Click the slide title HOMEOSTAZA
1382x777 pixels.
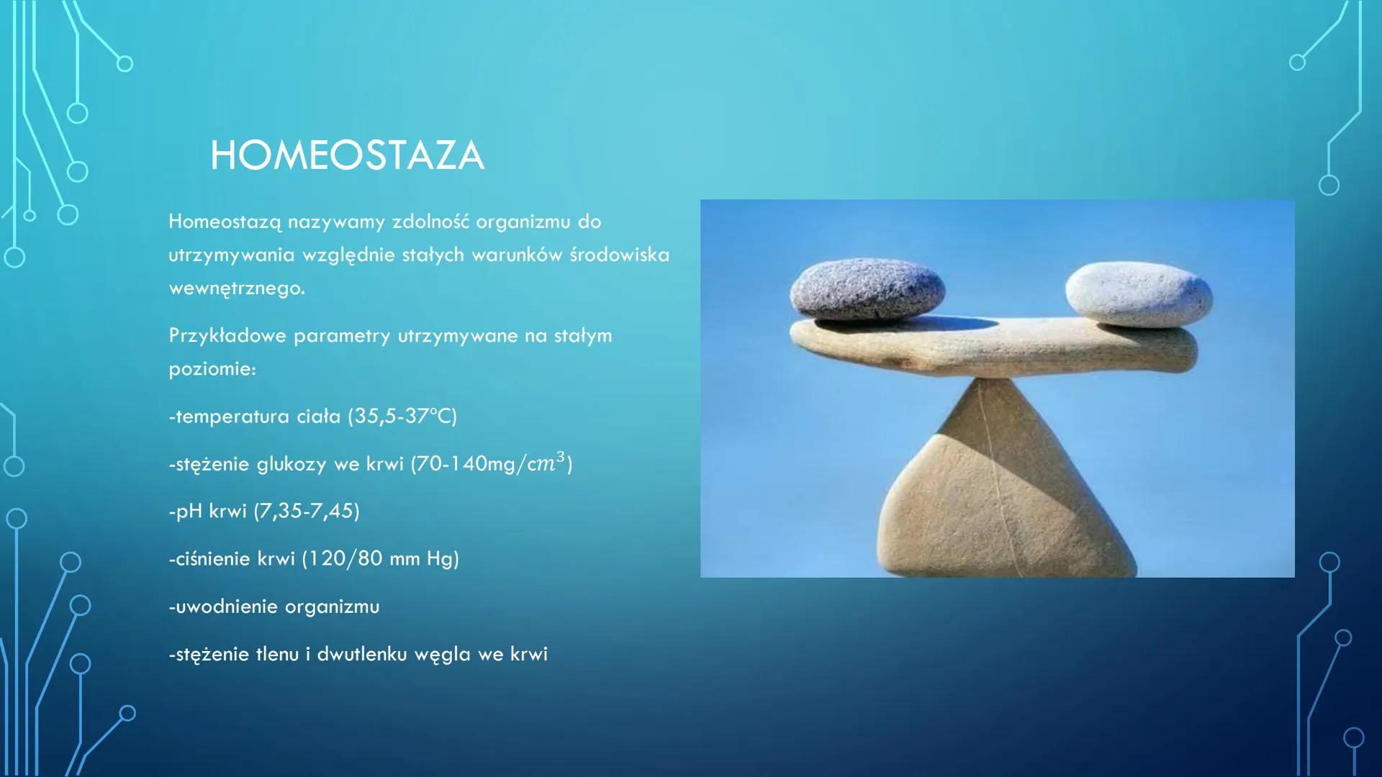point(347,155)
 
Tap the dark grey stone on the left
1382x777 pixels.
point(867,289)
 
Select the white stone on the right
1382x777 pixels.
point(1139,294)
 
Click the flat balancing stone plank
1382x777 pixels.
point(993,347)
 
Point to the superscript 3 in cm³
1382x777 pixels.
point(561,457)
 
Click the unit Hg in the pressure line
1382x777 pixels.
point(439,559)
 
